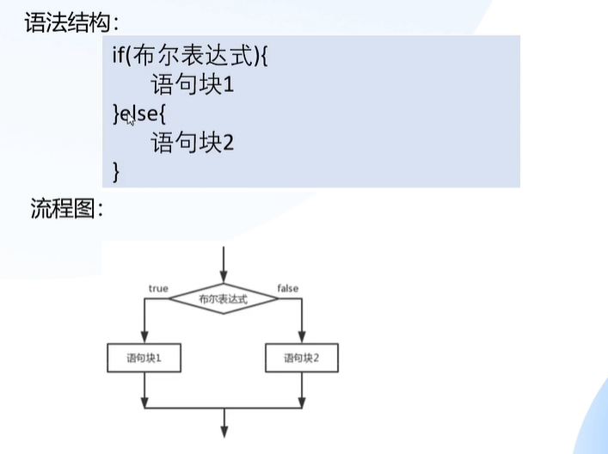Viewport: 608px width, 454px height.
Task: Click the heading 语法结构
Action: pyautogui.click(x=61, y=21)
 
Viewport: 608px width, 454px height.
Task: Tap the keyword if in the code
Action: pyautogui.click(x=118, y=57)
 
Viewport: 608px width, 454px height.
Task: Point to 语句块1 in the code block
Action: pyautogui.click(x=193, y=85)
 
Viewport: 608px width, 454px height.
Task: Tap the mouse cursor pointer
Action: pyautogui.click(x=131, y=120)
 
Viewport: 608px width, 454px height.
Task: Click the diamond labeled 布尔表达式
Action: pyautogui.click(x=224, y=299)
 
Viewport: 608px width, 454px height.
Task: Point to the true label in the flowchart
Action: pyautogui.click(x=158, y=288)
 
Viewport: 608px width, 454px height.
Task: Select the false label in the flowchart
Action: pyautogui.click(x=288, y=288)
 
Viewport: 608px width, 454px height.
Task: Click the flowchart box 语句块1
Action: pyautogui.click(x=144, y=358)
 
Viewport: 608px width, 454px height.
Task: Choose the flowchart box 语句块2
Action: pyautogui.click(x=301, y=358)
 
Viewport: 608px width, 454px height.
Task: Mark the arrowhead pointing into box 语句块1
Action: pyautogui.click(x=144, y=340)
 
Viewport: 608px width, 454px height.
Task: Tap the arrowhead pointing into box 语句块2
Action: pyautogui.click(x=301, y=340)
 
